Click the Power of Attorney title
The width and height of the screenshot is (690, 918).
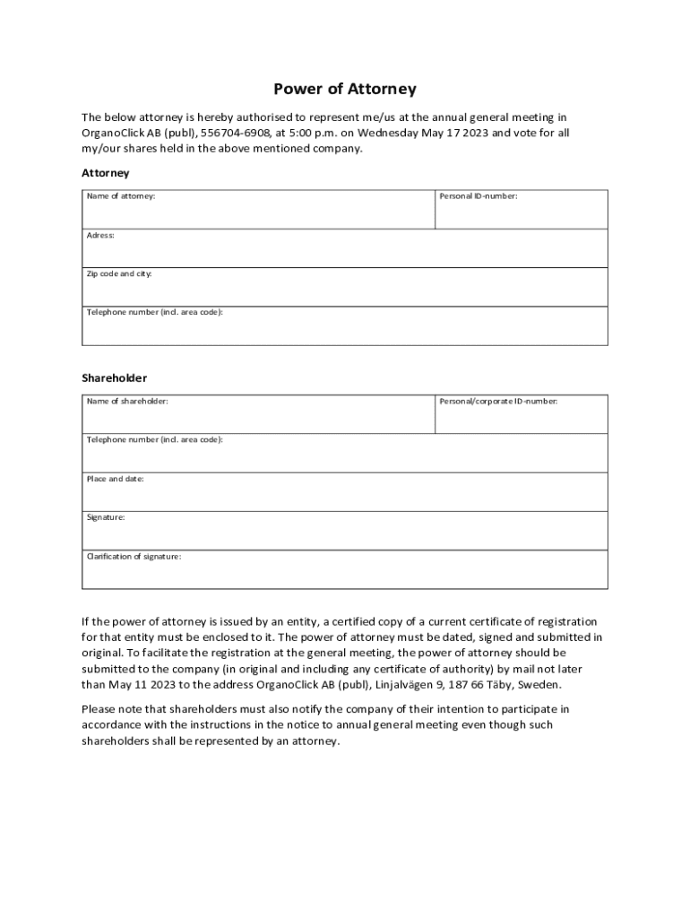[345, 90]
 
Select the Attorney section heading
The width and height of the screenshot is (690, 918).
[106, 172]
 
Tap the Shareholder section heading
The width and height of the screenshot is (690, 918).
[115, 377]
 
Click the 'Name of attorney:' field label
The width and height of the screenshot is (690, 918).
[121, 195]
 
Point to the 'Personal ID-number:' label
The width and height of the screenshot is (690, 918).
[479, 195]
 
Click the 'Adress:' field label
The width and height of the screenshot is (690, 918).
[100, 235]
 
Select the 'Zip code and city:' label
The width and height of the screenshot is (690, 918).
[119, 273]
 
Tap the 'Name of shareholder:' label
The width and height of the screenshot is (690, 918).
[127, 401]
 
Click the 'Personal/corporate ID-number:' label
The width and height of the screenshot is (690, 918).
[498, 401]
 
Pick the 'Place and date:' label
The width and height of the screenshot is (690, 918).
[115, 479]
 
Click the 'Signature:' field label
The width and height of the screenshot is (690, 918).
[106, 517]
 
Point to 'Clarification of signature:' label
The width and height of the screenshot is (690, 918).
[134, 556]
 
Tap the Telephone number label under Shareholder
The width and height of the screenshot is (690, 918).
[154, 439]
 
